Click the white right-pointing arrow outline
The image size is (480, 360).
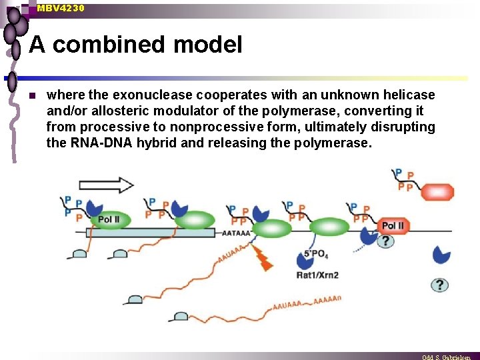(x=106, y=185)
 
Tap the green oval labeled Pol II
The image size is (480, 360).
(x=109, y=219)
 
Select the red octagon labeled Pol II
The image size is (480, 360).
(x=393, y=226)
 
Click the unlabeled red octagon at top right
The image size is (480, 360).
(x=437, y=192)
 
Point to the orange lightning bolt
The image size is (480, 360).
(x=264, y=259)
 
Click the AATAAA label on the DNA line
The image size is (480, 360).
(x=237, y=233)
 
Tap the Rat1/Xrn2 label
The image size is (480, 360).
(x=317, y=275)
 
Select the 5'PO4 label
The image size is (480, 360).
(x=316, y=254)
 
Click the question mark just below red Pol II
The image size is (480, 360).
(x=385, y=241)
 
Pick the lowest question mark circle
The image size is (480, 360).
(x=439, y=285)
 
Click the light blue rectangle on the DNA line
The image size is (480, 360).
(x=151, y=233)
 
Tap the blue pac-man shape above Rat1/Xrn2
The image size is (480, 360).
(x=304, y=259)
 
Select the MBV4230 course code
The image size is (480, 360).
(x=61, y=8)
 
